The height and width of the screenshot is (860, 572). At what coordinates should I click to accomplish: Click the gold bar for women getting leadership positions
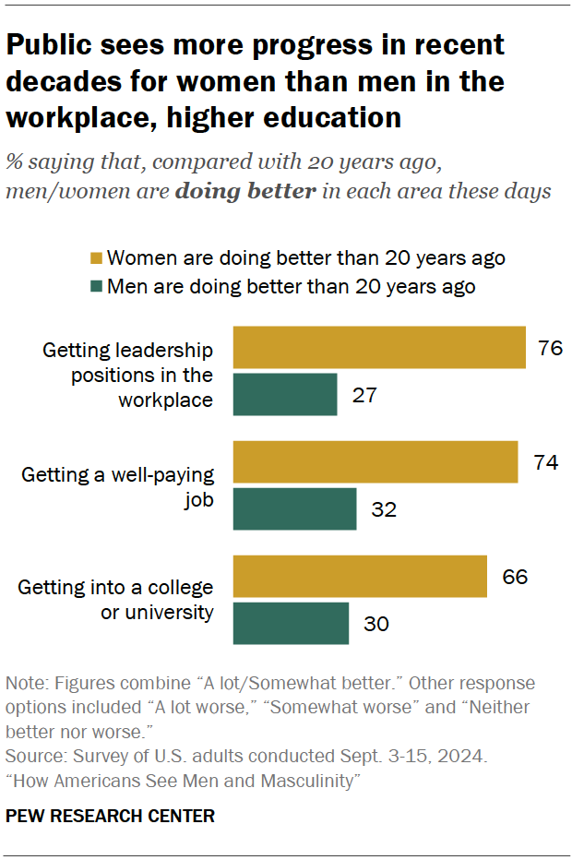click(379, 347)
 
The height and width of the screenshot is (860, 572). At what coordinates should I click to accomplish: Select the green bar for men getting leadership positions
click(285, 394)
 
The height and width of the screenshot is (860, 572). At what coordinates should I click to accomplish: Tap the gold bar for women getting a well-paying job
click(375, 462)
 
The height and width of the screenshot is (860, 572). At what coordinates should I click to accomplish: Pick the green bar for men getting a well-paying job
click(294, 509)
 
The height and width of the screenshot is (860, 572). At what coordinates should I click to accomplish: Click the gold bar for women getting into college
click(360, 577)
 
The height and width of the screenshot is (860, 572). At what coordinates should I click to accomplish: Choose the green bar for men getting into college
click(291, 624)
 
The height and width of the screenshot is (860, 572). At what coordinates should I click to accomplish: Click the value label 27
click(365, 395)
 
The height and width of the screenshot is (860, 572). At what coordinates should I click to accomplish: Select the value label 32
click(385, 510)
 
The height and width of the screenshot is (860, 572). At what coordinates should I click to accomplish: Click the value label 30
click(377, 625)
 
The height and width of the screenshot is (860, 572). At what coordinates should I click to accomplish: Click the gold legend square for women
click(95, 257)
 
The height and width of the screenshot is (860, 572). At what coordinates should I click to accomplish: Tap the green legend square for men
click(95, 286)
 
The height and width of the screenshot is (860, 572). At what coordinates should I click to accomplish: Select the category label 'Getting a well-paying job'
click(117, 486)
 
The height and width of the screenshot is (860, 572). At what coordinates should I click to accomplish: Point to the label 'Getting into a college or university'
click(115, 600)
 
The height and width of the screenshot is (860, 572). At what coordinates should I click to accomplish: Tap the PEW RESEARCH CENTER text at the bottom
click(110, 816)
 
